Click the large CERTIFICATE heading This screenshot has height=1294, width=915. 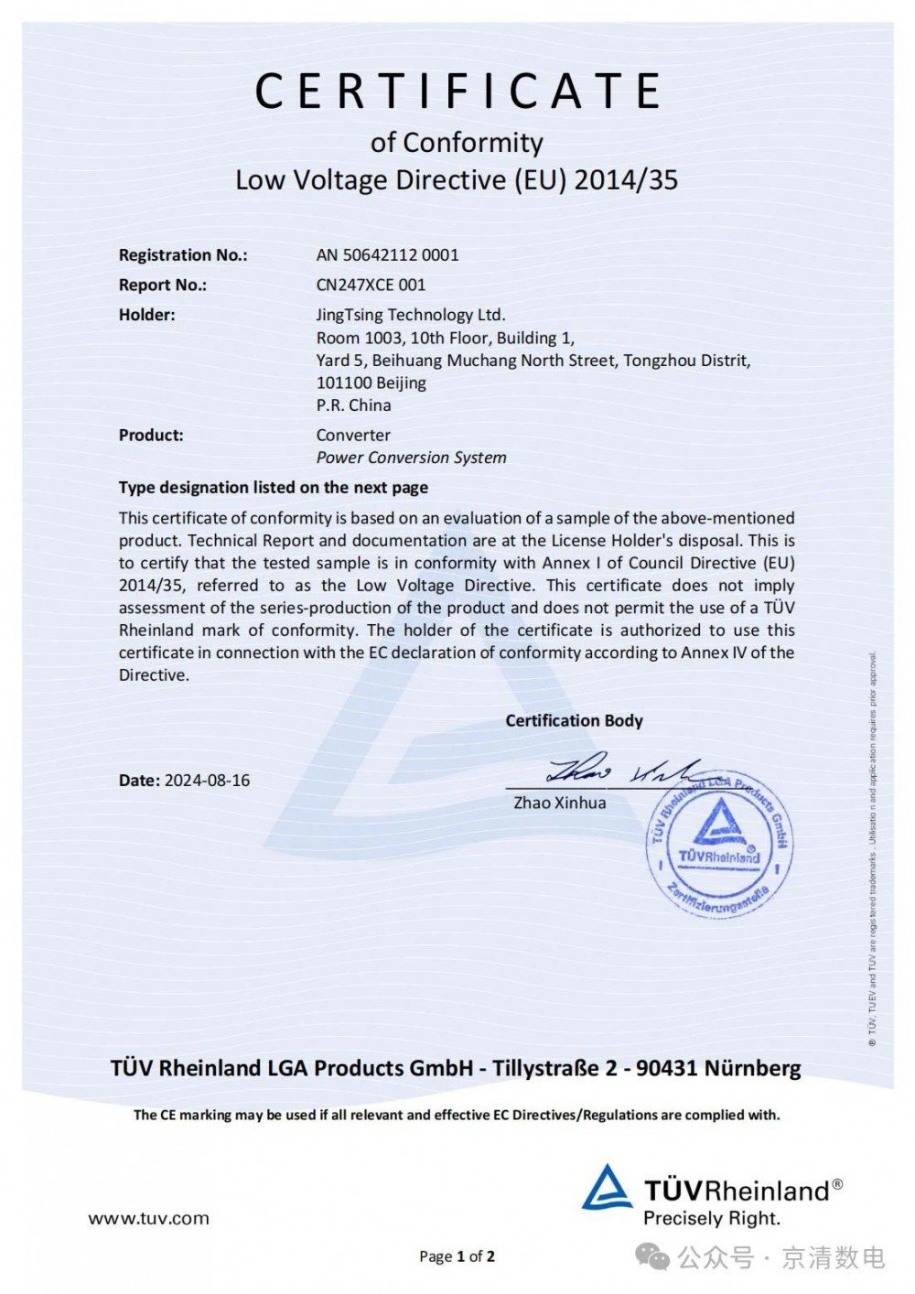[x=457, y=92]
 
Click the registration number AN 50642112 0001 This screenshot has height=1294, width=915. [x=388, y=255]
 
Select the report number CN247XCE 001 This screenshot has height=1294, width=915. [x=371, y=285]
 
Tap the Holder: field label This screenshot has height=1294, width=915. [x=146, y=315]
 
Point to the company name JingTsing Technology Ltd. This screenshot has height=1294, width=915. [x=411, y=315]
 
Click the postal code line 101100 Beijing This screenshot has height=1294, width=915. [x=371, y=383]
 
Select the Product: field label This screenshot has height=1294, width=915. [x=151, y=436]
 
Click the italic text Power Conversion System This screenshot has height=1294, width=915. [x=411, y=458]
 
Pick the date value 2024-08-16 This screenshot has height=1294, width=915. [x=207, y=781]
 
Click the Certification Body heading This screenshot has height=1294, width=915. [x=574, y=721]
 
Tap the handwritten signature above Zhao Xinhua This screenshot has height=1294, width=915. [x=622, y=771]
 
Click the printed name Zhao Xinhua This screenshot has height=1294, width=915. [x=559, y=803]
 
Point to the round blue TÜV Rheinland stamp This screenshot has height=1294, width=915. [x=719, y=846]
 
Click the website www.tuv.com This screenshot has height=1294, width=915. [x=148, y=1219]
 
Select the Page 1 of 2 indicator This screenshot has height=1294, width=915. [x=457, y=1256]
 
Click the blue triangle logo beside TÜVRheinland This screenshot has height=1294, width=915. [x=607, y=1189]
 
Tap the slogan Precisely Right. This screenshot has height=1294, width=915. [x=711, y=1219]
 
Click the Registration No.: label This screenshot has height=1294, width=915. [x=183, y=255]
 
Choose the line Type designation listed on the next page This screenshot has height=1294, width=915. [x=273, y=488]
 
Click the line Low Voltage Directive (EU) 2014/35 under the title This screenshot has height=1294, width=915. [x=457, y=179]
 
